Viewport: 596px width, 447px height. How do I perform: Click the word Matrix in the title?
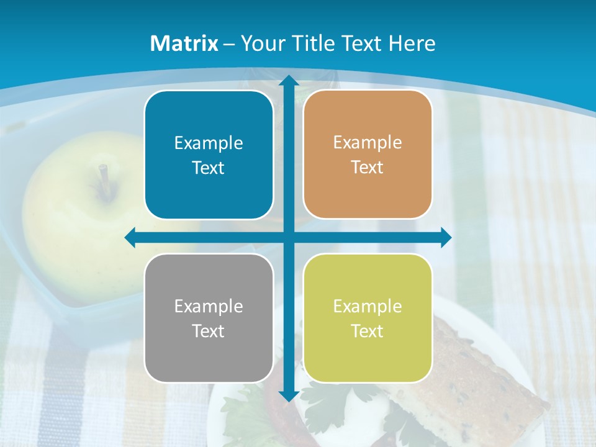(x=184, y=43)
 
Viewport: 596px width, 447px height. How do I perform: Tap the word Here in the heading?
(x=412, y=43)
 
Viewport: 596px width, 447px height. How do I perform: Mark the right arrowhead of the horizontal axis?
(x=445, y=238)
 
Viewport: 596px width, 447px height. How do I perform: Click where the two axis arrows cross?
(x=288, y=238)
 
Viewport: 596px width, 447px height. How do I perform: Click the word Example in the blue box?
(x=209, y=143)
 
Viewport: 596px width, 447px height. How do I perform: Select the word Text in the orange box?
(x=368, y=168)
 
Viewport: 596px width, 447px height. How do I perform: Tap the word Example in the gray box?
(x=209, y=306)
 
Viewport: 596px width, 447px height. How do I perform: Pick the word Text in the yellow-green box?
(x=368, y=331)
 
